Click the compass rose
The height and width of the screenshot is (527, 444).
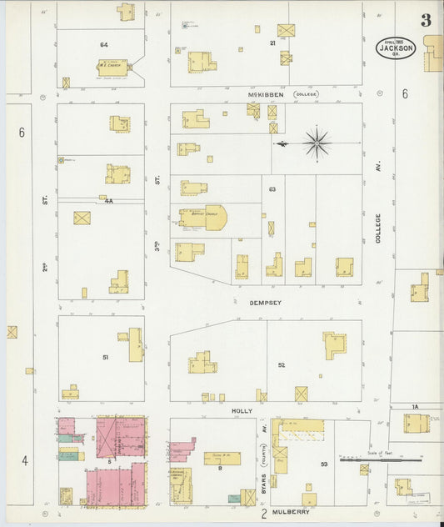click(317, 143)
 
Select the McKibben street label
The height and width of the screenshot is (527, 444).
click(266, 95)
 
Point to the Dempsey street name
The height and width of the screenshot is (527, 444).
click(266, 304)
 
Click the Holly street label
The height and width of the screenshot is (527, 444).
click(242, 410)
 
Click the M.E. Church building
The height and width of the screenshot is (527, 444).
click(112, 67)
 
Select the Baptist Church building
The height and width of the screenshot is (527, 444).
click(202, 218)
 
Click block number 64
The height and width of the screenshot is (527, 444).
click(104, 43)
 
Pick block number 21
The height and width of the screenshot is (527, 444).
click(272, 42)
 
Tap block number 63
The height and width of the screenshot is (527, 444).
click(272, 190)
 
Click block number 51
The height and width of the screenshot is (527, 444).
click(106, 357)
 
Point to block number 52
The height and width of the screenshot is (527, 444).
click(282, 364)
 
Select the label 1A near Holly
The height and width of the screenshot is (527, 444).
click(414, 406)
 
